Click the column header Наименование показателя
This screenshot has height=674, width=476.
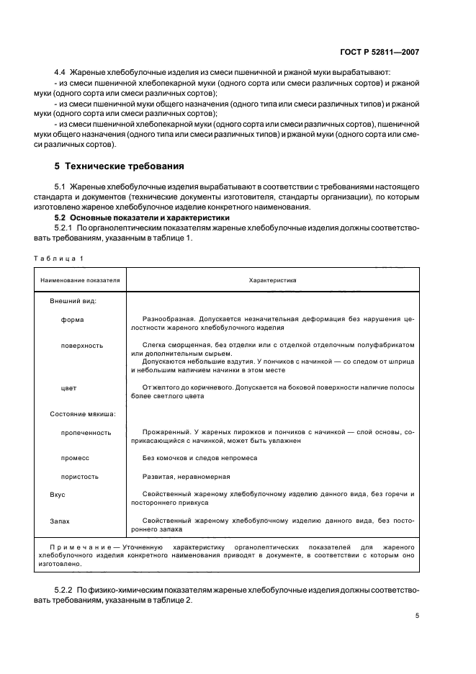pyautogui.click(x=81, y=279)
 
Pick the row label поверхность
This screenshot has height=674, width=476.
pyautogui.click(x=82, y=345)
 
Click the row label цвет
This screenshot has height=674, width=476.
pyautogui.click(x=69, y=388)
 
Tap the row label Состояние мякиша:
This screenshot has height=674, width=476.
pyautogui.click(x=83, y=415)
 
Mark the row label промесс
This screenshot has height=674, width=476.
pyautogui.click(x=74, y=458)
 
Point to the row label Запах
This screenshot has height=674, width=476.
pyautogui.click(x=60, y=520)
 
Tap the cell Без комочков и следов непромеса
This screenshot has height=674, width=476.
pyautogui.click(x=199, y=458)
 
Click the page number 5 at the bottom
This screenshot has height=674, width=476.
pyautogui.click(x=417, y=616)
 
